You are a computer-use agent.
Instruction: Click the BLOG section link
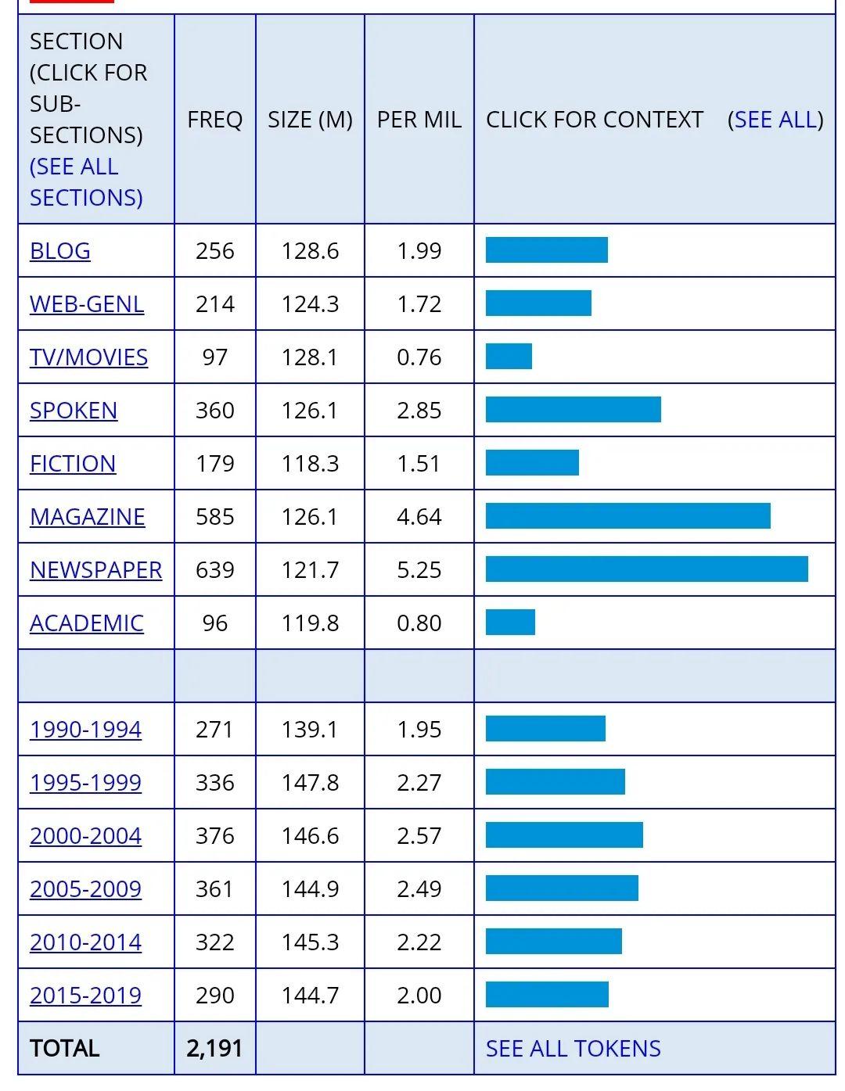pyautogui.click(x=60, y=250)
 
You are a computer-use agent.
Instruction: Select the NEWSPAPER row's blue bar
pyautogui.click(x=647, y=569)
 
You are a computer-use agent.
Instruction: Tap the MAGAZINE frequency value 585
pyautogui.click(x=215, y=517)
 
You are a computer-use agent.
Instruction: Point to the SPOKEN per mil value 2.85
pyautogui.click(x=419, y=410)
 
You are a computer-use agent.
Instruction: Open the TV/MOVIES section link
pyautogui.click(x=89, y=357)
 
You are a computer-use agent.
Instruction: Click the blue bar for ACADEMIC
pyautogui.click(x=510, y=622)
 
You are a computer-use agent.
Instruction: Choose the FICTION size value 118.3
pyautogui.click(x=310, y=464)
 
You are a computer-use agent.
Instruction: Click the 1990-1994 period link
pyautogui.click(x=85, y=729)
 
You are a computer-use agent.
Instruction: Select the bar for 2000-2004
pyautogui.click(x=564, y=834)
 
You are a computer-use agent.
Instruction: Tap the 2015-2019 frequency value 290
pyautogui.click(x=215, y=995)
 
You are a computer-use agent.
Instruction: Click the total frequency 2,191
pyautogui.click(x=214, y=1048)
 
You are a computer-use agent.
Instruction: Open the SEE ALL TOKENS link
pyautogui.click(x=573, y=1048)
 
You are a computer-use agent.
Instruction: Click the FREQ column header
pyautogui.click(x=215, y=120)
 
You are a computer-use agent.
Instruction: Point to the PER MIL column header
pyautogui.click(x=419, y=120)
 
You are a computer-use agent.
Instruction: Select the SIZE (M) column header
pyautogui.click(x=310, y=120)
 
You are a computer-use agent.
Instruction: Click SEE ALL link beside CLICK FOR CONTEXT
pyautogui.click(x=775, y=120)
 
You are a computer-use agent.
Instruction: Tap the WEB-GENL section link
pyautogui.click(x=87, y=303)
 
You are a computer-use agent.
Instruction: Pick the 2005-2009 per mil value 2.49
pyautogui.click(x=419, y=888)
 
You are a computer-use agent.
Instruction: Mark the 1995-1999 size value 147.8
pyautogui.click(x=310, y=782)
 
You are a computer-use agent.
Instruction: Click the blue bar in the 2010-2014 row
pyautogui.click(x=553, y=941)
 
